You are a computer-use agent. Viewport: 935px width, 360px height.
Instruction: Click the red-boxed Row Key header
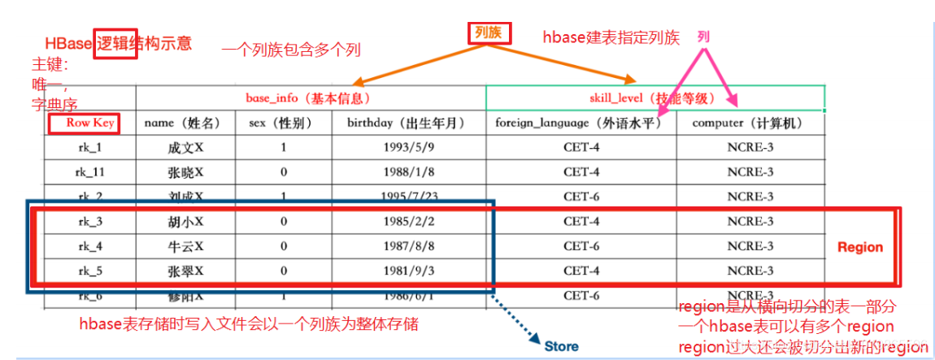[82, 124]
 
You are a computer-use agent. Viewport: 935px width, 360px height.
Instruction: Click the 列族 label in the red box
[489, 33]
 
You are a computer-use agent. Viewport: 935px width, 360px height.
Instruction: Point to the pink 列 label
[703, 37]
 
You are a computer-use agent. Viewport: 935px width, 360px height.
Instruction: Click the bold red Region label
[860, 247]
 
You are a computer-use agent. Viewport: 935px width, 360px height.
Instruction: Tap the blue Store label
[561, 346]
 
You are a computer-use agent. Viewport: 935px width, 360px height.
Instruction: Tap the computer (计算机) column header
[748, 124]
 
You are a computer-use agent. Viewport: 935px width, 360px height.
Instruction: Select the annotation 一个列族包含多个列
[291, 50]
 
